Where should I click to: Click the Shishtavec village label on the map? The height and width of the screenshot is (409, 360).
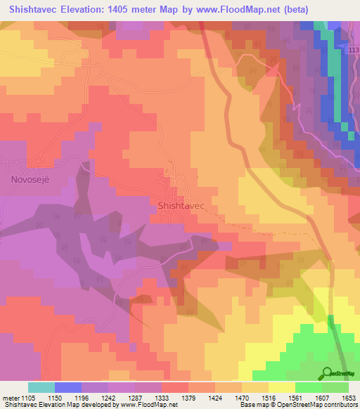(181, 205)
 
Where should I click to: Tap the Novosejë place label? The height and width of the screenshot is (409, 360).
(31, 179)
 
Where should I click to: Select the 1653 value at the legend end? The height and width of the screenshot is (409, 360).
(349, 397)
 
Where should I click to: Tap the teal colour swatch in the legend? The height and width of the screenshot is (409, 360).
(41, 387)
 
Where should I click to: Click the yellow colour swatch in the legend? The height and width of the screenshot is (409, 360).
(282, 387)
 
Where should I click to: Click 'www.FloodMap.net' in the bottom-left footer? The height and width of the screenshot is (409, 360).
(148, 405)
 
